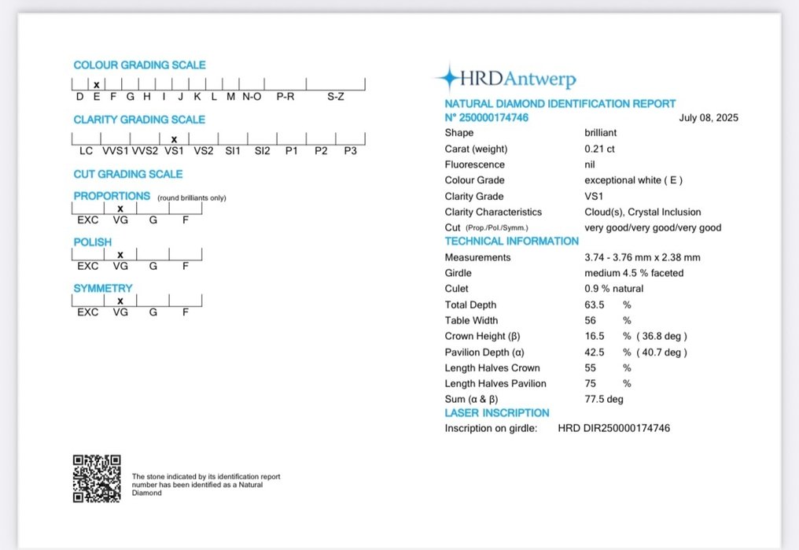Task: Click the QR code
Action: (97, 478)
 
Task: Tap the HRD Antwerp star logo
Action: (449, 78)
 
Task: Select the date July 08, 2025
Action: (708, 118)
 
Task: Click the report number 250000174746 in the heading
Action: (492, 118)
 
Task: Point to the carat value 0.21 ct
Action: (600, 149)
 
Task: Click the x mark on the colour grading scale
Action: (97, 84)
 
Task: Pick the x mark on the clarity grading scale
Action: (174, 139)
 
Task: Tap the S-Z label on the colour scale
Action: (336, 96)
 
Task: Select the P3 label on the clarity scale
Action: (350, 150)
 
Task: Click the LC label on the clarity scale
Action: (86, 150)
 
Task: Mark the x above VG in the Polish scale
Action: (120, 254)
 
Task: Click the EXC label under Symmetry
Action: (87, 312)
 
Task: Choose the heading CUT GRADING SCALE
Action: (128, 174)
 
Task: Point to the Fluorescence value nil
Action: (591, 164)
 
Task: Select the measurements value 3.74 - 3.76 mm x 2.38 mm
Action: (642, 257)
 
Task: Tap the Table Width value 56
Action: (591, 320)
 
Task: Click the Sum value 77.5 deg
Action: (604, 399)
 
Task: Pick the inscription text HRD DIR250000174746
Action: (614, 428)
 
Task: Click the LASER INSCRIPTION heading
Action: (497, 412)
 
